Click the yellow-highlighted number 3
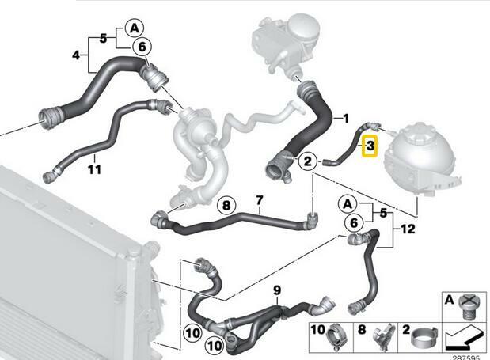(x=370, y=146)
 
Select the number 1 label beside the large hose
(x=345, y=119)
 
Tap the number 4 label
(x=76, y=55)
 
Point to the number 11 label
(x=95, y=169)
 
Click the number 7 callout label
(x=260, y=200)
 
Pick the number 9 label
(x=277, y=290)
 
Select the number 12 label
(x=408, y=229)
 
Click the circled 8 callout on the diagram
(x=226, y=206)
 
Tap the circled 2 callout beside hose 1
(x=308, y=161)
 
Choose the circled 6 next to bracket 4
(x=142, y=47)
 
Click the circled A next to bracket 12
(x=348, y=204)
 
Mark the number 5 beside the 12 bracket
(x=383, y=214)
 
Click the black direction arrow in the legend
(x=464, y=338)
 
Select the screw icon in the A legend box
(x=469, y=308)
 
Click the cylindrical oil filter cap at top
(x=301, y=28)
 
